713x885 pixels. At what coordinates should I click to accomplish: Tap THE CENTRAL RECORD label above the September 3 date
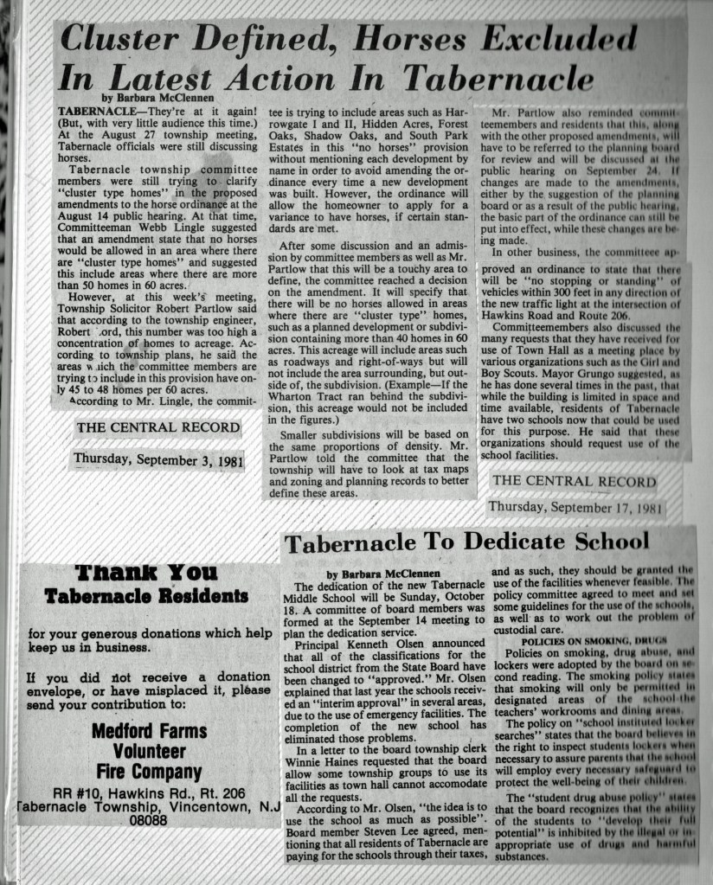pyautogui.click(x=157, y=427)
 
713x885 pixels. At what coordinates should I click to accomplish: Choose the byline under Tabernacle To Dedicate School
pyautogui.click(x=383, y=574)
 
